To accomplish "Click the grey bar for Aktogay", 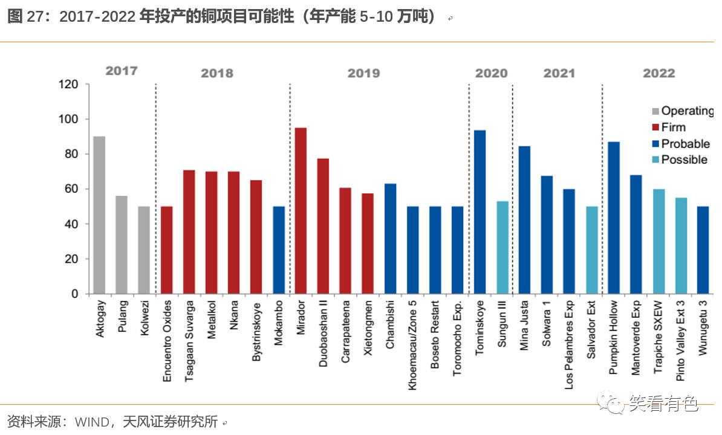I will coord(99,215).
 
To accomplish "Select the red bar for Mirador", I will coord(301,211).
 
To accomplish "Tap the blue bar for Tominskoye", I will coord(480,212).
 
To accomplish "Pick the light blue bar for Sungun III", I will coord(502,248).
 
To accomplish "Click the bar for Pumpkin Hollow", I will coord(614,218).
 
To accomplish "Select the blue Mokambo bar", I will coord(279,250).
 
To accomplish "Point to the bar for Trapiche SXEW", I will coord(659,242).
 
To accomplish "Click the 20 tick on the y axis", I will coord(72,259).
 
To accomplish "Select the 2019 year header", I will coord(363,74).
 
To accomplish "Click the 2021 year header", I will coord(559,74).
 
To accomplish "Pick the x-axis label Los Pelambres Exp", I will coord(569,344).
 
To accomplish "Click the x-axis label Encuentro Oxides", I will coord(167,341).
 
